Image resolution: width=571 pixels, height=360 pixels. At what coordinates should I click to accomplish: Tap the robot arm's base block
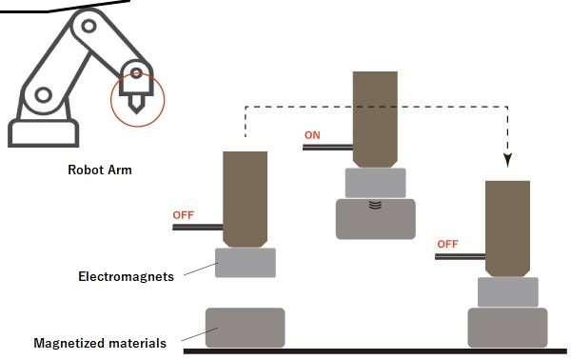click(42, 131)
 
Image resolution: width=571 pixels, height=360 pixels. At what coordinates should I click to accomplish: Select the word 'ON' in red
click(312, 135)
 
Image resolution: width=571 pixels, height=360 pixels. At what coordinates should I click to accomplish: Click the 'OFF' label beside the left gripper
click(183, 214)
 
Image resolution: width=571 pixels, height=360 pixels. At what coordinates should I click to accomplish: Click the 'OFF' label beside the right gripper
click(447, 244)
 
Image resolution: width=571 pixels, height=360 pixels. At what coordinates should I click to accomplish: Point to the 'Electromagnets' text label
click(126, 277)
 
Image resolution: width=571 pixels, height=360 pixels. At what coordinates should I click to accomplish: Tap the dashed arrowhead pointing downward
click(507, 156)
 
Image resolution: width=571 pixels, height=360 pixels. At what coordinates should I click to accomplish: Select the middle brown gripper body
click(375, 118)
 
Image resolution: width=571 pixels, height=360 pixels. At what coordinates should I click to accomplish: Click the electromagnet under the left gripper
click(246, 262)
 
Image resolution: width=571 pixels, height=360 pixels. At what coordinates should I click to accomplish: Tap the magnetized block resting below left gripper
click(245, 328)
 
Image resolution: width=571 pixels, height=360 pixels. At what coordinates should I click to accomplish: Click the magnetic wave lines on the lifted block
click(375, 204)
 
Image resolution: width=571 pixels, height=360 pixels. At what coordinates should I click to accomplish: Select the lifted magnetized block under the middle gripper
click(375, 220)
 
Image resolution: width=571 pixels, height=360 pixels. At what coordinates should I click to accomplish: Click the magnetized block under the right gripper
click(507, 327)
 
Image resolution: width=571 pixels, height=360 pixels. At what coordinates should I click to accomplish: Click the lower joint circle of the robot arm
click(42, 94)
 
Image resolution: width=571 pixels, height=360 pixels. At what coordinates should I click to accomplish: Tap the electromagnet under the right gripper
click(507, 291)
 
